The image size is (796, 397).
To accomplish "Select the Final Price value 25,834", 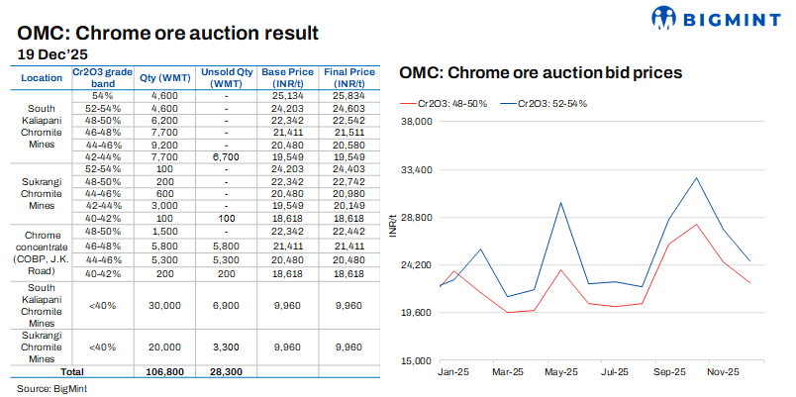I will (x=348, y=94).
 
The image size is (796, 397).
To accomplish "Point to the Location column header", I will (x=41, y=77).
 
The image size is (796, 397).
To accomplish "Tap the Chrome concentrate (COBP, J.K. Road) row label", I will (x=41, y=250).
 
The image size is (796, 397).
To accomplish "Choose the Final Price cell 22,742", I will (x=348, y=182).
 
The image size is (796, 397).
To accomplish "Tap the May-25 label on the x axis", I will (x=561, y=373).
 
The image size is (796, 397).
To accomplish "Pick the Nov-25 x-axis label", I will (x=723, y=373).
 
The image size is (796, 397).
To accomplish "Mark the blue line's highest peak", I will (x=696, y=178).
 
